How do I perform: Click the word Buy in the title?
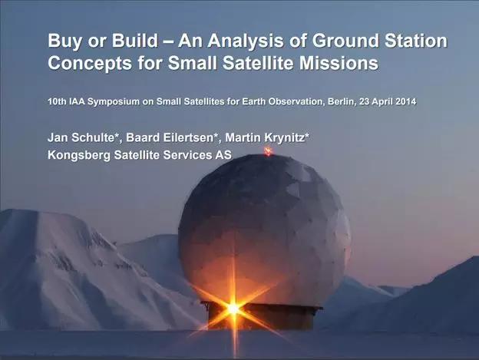pyautogui.click(x=64, y=41)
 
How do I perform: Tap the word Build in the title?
pyautogui.click(x=135, y=41)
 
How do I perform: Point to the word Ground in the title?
pyautogui.click(x=345, y=41)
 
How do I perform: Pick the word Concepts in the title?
pyautogui.click(x=90, y=64)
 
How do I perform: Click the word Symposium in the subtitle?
pyautogui.click(x=114, y=102)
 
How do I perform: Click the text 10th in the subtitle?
pyautogui.click(x=57, y=101)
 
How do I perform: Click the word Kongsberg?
pyautogui.click(x=79, y=156)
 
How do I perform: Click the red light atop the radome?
pyautogui.click(x=268, y=151)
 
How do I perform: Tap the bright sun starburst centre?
pyautogui.click(x=233, y=309)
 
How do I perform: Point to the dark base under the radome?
pyautogui.click(x=262, y=315)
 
